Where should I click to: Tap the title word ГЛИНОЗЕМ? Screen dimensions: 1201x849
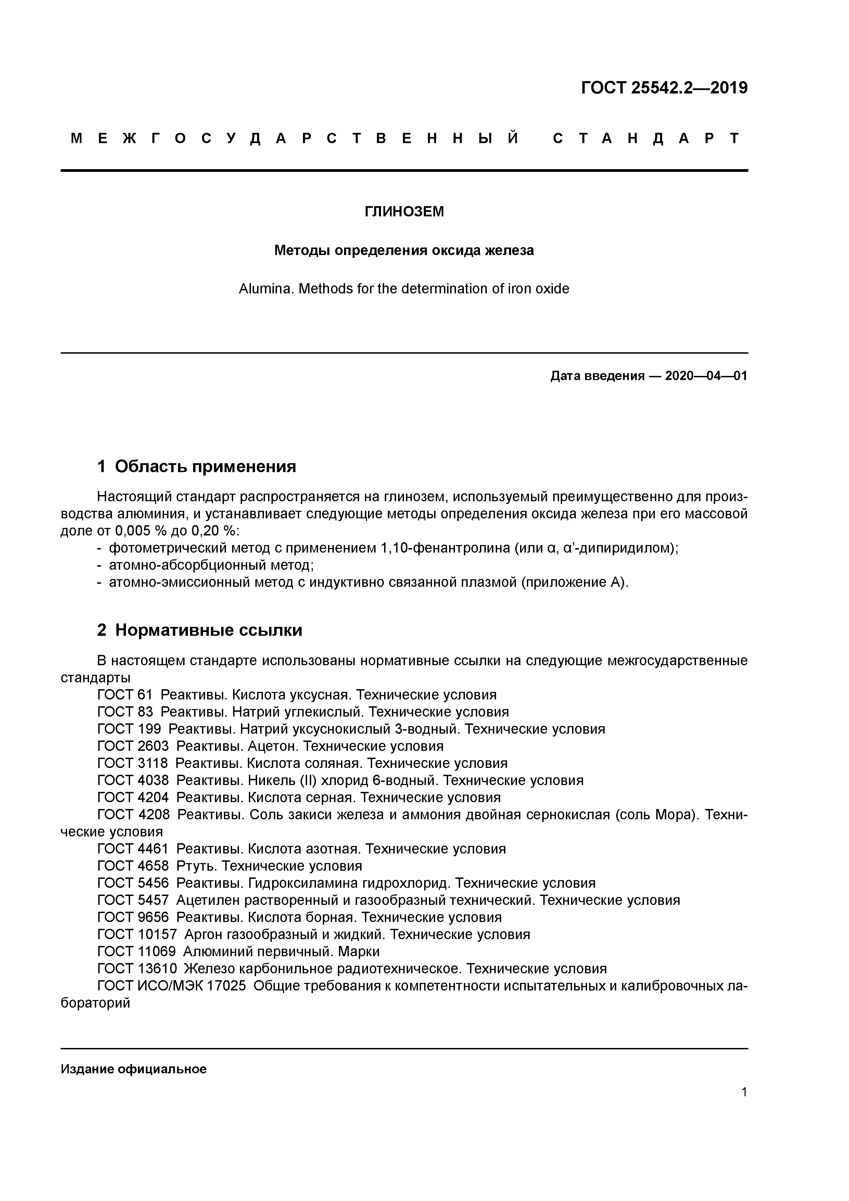[x=404, y=212]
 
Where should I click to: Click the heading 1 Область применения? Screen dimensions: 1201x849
[x=197, y=466]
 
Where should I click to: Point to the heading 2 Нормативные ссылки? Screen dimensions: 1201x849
[x=200, y=630]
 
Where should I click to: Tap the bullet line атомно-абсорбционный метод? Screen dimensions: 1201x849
[x=211, y=566]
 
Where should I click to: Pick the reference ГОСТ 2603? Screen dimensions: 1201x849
[x=133, y=746]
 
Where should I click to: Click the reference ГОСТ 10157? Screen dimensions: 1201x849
[x=137, y=934]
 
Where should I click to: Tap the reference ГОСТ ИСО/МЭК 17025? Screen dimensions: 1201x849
[x=172, y=986]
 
